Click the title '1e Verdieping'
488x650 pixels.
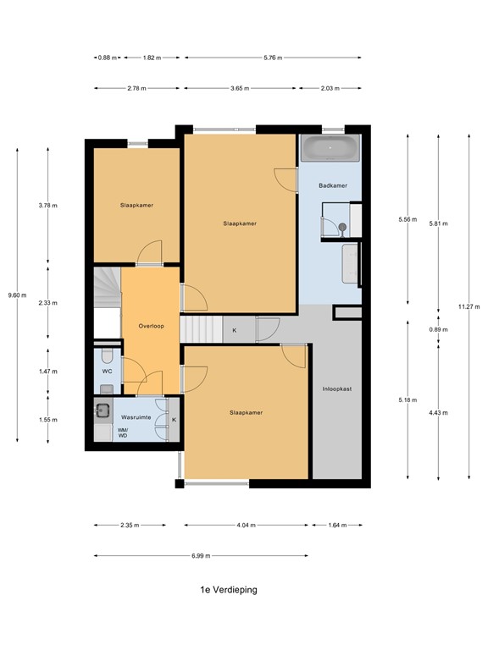pyautogui.click(x=223, y=590)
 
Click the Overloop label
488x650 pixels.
pyautogui.click(x=151, y=326)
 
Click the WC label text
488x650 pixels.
pyautogui.click(x=107, y=371)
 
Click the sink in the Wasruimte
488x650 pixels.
pyautogui.click(x=103, y=411)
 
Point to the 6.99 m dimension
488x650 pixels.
pyautogui.click(x=201, y=556)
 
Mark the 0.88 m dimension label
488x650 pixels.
pyautogui.click(x=105, y=58)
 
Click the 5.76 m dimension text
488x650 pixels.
pyautogui.click(x=273, y=58)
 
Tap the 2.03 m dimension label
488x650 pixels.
pyautogui.click(x=330, y=88)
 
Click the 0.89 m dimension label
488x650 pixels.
pyautogui.click(x=439, y=329)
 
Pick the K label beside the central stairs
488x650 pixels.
pyautogui.click(x=235, y=330)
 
